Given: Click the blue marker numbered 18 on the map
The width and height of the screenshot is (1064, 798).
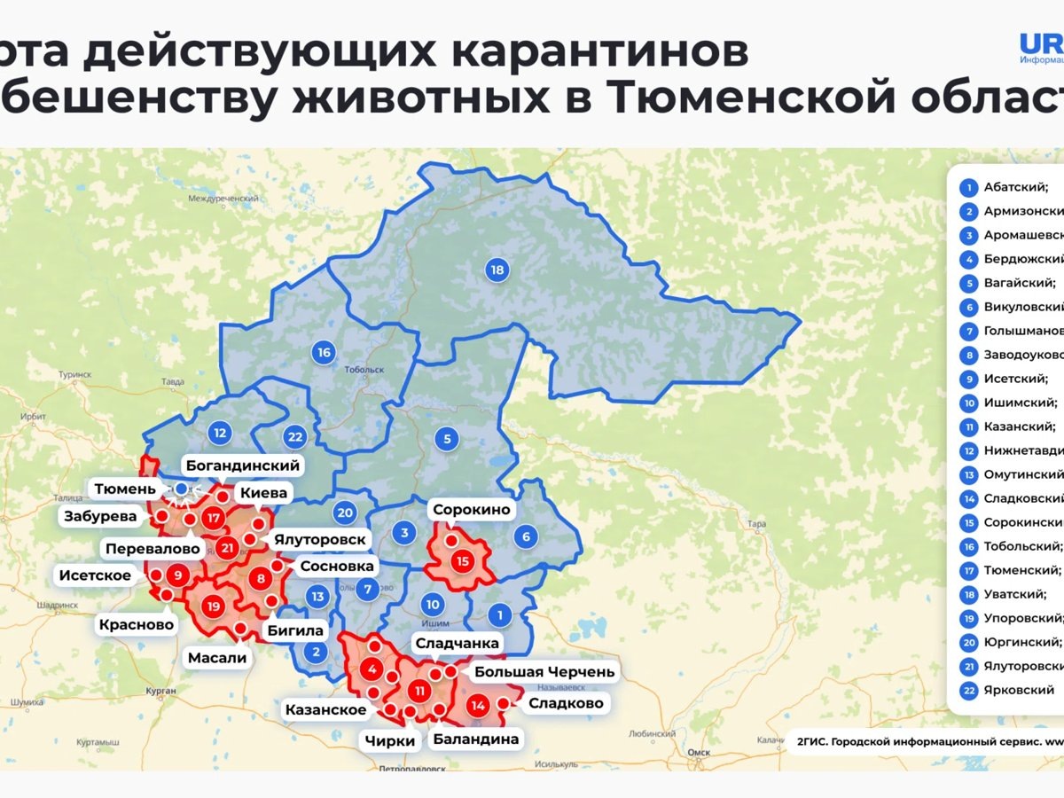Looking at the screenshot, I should click(497, 270).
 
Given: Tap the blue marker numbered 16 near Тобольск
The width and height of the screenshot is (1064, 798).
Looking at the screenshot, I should click(324, 353).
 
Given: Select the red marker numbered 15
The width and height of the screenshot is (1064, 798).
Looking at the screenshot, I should click(462, 560).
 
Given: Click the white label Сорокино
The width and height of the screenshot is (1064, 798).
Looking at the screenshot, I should click(472, 510).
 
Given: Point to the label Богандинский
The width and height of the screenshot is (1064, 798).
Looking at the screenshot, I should click(242, 465).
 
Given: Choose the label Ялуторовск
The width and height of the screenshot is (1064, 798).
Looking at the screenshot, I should click(319, 538).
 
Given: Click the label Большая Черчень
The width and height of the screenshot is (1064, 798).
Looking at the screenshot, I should click(544, 671).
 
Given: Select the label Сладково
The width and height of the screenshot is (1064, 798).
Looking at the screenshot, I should click(566, 703).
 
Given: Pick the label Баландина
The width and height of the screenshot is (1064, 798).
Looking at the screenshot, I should click(475, 738).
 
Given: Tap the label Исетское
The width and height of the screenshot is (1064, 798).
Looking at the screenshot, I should click(95, 575).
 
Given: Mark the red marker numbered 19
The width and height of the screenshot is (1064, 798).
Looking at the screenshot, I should click(213, 607).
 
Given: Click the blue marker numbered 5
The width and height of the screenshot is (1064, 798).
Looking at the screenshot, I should click(448, 438).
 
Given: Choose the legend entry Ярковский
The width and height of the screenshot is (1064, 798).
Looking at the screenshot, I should click(1019, 689).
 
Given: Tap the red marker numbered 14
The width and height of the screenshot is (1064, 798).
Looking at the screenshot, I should click(479, 707).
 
